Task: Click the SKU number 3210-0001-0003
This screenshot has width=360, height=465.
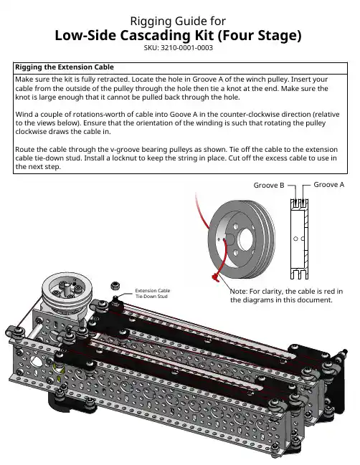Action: click(186, 48)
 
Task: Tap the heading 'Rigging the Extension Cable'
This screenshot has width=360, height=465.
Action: click(65, 67)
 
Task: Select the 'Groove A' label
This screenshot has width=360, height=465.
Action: click(329, 184)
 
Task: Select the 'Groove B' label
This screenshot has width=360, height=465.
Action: click(269, 185)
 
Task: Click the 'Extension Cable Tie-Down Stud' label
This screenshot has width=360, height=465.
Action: click(153, 293)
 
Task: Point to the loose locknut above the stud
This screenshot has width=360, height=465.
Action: click(115, 286)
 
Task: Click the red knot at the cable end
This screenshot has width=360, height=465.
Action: click(215, 277)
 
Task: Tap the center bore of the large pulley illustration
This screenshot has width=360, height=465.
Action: click(246, 239)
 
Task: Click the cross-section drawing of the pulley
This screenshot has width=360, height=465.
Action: click(299, 239)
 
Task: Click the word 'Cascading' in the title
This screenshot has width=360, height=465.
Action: click(166, 35)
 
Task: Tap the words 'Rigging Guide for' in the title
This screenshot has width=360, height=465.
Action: click(178, 21)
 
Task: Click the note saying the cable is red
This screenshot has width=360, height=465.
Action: click(286, 295)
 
